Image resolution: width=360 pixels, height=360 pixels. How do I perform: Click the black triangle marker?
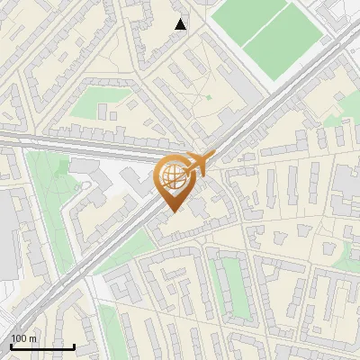181,24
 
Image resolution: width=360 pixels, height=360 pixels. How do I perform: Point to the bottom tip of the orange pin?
173,212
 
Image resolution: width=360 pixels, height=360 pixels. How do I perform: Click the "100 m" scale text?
24,338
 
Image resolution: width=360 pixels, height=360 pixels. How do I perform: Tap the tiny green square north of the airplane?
208,97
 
